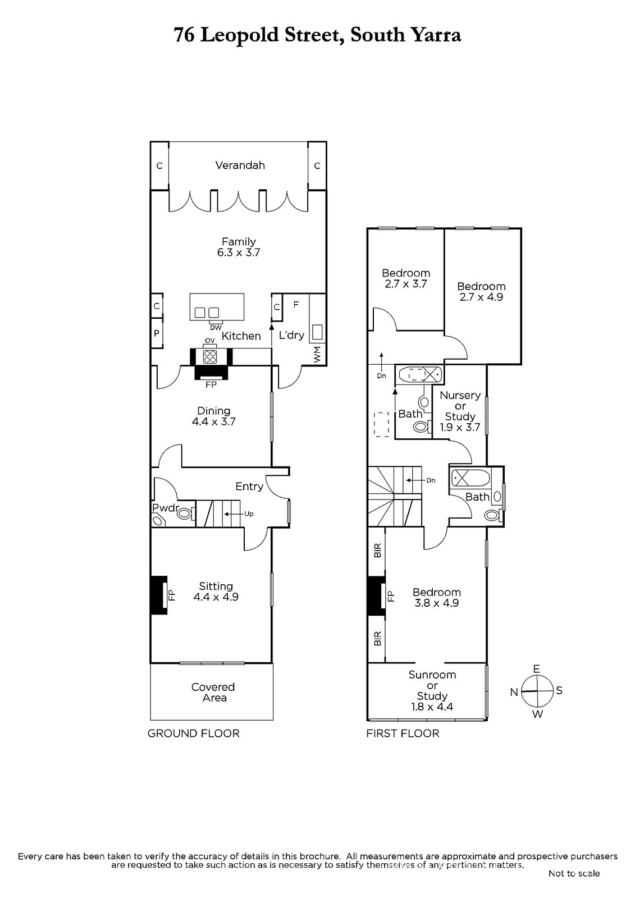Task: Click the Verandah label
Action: tap(240, 165)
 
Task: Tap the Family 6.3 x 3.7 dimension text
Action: tap(239, 253)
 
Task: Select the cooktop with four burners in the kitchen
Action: tap(210, 356)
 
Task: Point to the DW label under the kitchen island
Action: tap(216, 327)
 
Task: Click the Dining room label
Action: tap(213, 410)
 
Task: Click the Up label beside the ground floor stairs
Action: tap(249, 514)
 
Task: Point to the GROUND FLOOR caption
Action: tap(193, 734)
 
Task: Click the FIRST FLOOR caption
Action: tap(403, 734)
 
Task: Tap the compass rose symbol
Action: tap(537, 691)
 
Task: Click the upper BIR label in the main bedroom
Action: tap(377, 550)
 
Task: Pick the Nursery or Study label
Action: tap(460, 406)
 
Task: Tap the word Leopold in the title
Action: tap(240, 35)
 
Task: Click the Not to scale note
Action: tap(574, 873)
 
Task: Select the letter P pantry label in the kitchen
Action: tap(157, 333)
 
